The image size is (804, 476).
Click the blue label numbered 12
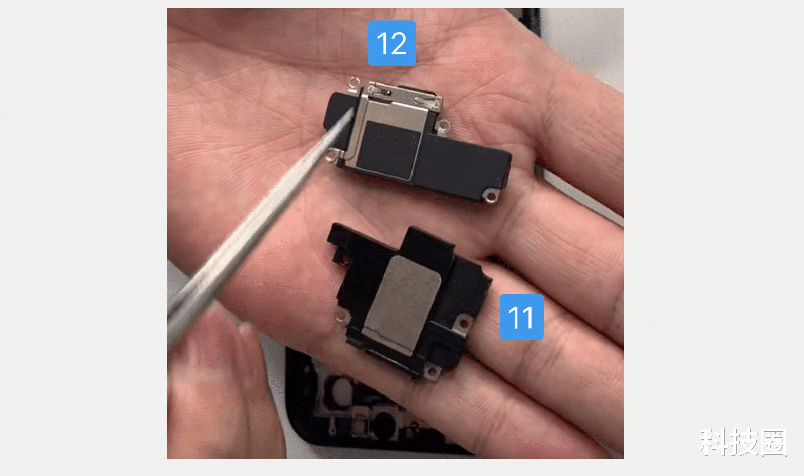coord(391,43)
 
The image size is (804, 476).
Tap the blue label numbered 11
coord(521,317)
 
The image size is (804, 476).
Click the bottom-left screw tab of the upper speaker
coord(334,154)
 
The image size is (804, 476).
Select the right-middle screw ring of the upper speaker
coord(442,125)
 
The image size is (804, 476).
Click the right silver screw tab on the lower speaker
coord(464,323)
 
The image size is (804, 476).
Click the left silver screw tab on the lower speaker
coord(341,317)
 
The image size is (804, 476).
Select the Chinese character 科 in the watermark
coord(714,442)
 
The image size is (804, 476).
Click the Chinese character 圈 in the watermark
coord(774,442)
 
